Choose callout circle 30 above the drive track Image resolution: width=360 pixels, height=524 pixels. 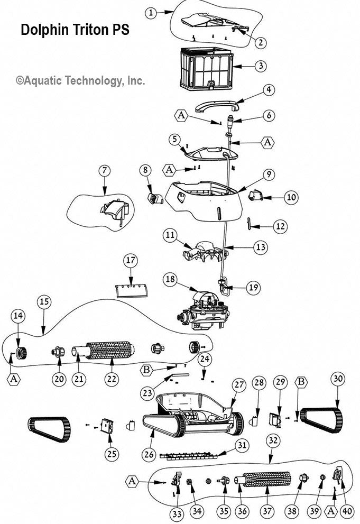tap(338, 379)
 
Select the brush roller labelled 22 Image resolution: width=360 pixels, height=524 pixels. tap(110, 350)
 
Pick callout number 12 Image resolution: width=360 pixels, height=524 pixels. tap(280, 226)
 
